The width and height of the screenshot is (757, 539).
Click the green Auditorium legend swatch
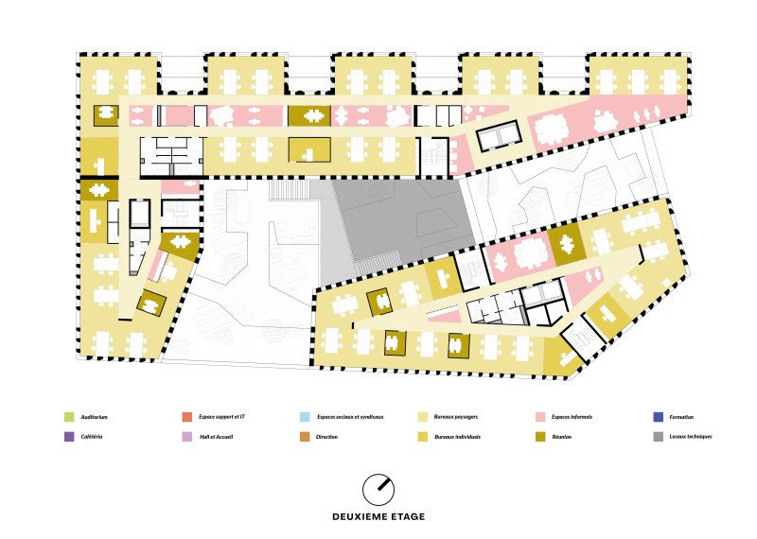coord(69,417)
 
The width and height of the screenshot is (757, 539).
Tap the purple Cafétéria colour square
coord(69,437)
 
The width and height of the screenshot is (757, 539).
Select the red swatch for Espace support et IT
coord(186,417)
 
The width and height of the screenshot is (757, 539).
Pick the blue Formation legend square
coord(658,417)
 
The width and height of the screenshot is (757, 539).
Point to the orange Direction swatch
coord(305,437)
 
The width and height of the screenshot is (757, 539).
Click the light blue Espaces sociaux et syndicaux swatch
coord(305,417)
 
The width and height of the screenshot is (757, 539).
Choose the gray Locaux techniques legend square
coord(658,437)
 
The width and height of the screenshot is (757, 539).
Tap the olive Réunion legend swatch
coord(540,437)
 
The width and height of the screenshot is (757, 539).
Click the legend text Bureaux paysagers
coord(456,417)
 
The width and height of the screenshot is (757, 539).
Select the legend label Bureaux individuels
coord(457,437)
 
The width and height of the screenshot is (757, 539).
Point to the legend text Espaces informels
coord(572,417)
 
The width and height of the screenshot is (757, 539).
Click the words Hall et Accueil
coord(217,437)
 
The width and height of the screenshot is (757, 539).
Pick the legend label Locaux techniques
coord(691,437)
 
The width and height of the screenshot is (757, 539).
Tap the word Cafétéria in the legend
coord(92,437)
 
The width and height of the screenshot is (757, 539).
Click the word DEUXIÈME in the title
coord(362,517)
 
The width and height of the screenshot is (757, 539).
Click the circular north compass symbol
coord(378,490)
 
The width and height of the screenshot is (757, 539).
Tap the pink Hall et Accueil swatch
coord(186,437)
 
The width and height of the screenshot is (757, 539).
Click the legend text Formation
coord(681,417)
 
